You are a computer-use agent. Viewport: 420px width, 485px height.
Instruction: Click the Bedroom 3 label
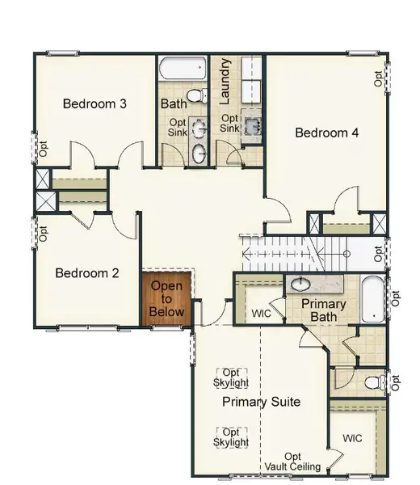[94, 104]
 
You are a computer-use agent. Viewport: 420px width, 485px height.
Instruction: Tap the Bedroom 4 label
[326, 133]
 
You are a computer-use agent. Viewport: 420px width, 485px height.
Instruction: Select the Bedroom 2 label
[86, 273]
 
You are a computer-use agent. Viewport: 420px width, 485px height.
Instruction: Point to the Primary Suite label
[261, 402]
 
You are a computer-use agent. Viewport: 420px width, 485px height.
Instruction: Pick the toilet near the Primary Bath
[374, 381]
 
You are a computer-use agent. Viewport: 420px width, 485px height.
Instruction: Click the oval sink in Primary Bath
[300, 284]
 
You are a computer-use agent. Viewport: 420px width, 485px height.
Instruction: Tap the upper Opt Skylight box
[231, 377]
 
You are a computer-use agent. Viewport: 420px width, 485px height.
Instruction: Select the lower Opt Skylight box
[231, 437]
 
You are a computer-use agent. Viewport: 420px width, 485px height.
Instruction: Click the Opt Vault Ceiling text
[292, 462]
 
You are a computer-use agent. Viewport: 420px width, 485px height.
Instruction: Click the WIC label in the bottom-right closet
[353, 438]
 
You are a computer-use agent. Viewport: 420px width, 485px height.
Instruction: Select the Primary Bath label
[324, 310]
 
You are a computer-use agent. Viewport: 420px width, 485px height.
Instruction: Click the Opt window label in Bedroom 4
[377, 78]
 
